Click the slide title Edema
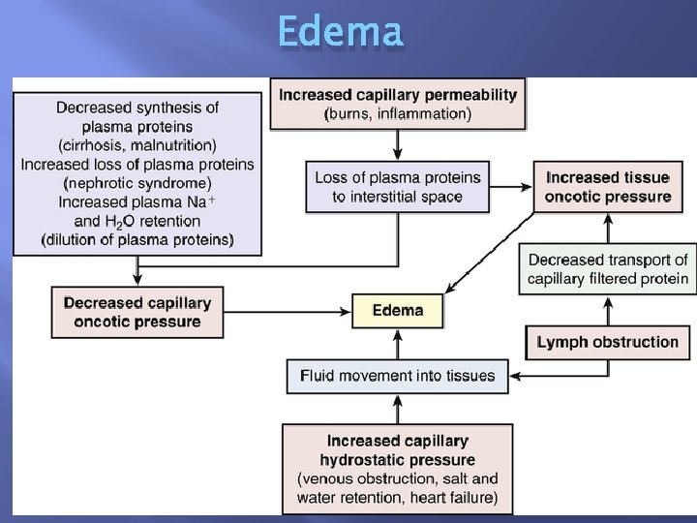(x=340, y=32)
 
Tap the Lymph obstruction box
(x=608, y=342)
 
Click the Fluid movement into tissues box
(x=397, y=376)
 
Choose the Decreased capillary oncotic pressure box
(x=137, y=312)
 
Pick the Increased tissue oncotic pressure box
(x=608, y=187)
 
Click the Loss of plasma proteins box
(x=398, y=187)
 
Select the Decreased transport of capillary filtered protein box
(x=608, y=269)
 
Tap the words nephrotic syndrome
(x=137, y=183)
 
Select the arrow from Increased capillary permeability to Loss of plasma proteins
(x=398, y=145)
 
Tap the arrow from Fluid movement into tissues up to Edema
(x=398, y=343)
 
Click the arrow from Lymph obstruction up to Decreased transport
(x=608, y=311)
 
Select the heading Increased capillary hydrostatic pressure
(x=398, y=450)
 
